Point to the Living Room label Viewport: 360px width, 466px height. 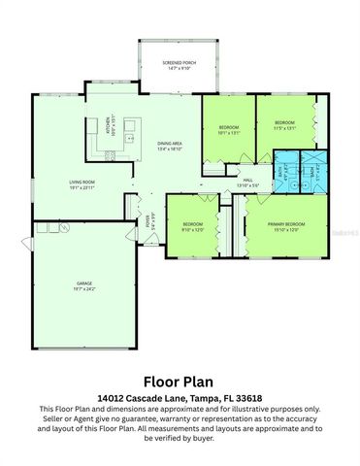click(x=81, y=182)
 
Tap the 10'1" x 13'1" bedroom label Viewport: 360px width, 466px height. click(x=228, y=127)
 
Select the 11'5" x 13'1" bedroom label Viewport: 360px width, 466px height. click(x=283, y=127)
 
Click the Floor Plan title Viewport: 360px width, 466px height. click(x=179, y=381)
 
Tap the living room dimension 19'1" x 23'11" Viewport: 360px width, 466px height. click(x=81, y=188)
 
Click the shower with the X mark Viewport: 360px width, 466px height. click(x=314, y=167)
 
